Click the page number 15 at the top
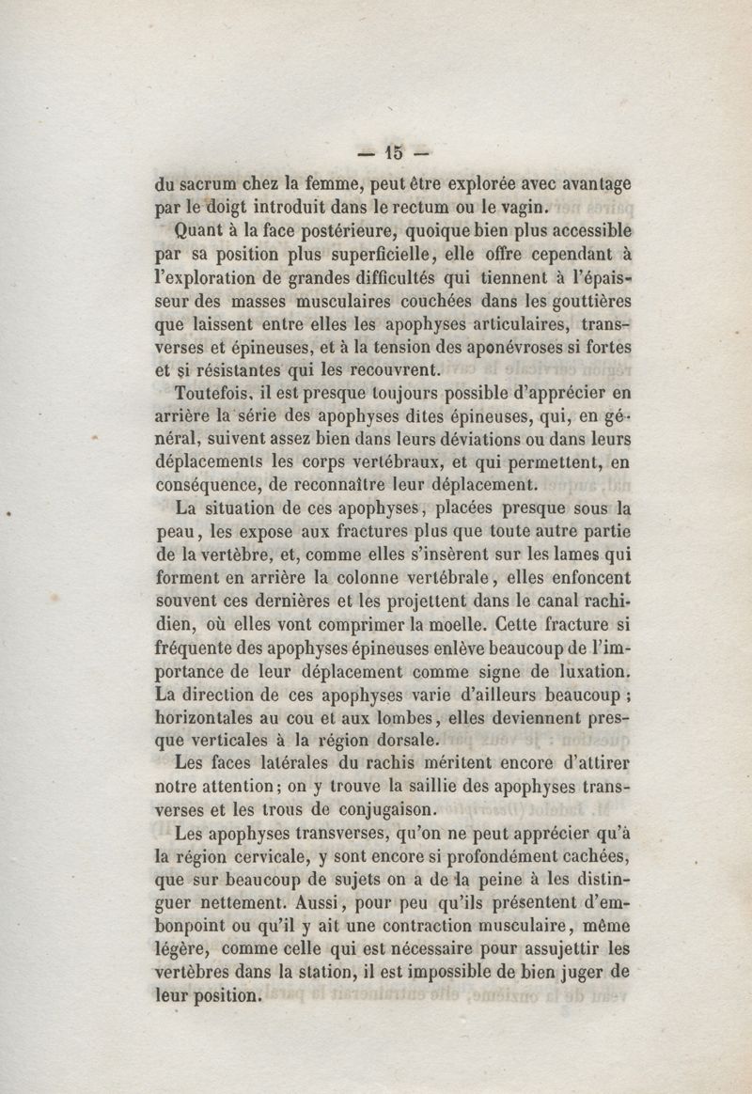[392, 150]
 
